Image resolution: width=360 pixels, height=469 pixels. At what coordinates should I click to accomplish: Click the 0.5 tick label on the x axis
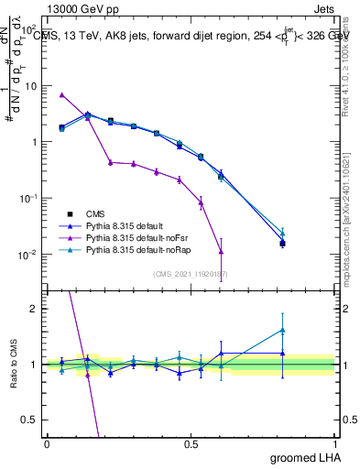click(x=191, y=442)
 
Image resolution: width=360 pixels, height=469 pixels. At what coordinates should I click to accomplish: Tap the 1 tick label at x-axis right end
click(x=335, y=442)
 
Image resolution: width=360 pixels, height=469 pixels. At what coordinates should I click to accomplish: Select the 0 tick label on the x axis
click(x=47, y=442)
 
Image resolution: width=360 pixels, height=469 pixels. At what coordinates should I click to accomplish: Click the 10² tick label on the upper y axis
click(x=28, y=30)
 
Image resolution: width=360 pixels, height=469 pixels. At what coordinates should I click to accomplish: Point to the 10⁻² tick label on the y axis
click(x=28, y=255)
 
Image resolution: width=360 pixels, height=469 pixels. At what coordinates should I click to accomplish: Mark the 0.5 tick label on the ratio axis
click(x=31, y=421)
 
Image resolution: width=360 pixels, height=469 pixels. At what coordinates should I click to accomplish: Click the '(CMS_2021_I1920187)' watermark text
click(x=191, y=274)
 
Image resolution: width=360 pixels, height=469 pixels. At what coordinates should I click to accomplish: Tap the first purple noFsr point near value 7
click(x=61, y=94)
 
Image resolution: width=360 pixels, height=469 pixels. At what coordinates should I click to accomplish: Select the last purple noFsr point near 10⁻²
click(x=221, y=252)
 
